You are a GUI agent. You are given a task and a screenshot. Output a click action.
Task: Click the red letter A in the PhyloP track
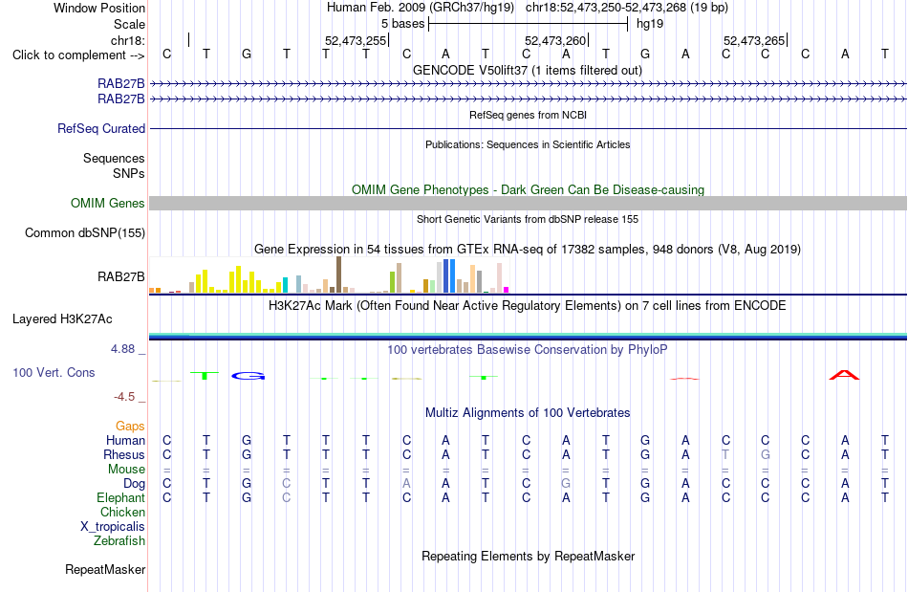(844, 375)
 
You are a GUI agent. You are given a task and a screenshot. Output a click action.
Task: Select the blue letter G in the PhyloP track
(248, 376)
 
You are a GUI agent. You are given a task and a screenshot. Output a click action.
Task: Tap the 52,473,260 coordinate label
(555, 40)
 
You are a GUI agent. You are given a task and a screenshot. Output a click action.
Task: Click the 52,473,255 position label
(355, 40)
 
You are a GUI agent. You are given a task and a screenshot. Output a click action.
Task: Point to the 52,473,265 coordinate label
(754, 40)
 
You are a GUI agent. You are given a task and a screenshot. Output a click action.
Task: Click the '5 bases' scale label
(403, 24)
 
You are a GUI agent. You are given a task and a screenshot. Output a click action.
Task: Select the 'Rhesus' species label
(124, 454)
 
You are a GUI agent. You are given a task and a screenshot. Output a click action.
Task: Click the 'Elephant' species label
(121, 497)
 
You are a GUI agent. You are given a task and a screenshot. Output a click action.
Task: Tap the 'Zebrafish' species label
(119, 540)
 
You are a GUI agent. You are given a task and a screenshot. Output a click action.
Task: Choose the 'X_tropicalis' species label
(113, 527)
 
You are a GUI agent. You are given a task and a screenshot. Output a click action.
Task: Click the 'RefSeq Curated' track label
(101, 128)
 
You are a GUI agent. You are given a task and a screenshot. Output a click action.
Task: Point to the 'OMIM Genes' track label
(108, 204)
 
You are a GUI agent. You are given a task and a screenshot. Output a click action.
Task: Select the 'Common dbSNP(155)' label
(85, 232)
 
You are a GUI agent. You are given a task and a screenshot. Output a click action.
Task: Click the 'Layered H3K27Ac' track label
(62, 319)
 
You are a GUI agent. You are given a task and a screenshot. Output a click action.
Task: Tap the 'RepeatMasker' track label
(105, 569)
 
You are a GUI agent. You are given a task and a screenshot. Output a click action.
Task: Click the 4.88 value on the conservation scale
(122, 349)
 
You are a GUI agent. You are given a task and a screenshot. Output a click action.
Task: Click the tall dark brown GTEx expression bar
(338, 274)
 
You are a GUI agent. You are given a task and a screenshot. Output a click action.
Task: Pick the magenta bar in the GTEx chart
(507, 290)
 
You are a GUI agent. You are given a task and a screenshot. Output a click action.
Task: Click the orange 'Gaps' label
(130, 427)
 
